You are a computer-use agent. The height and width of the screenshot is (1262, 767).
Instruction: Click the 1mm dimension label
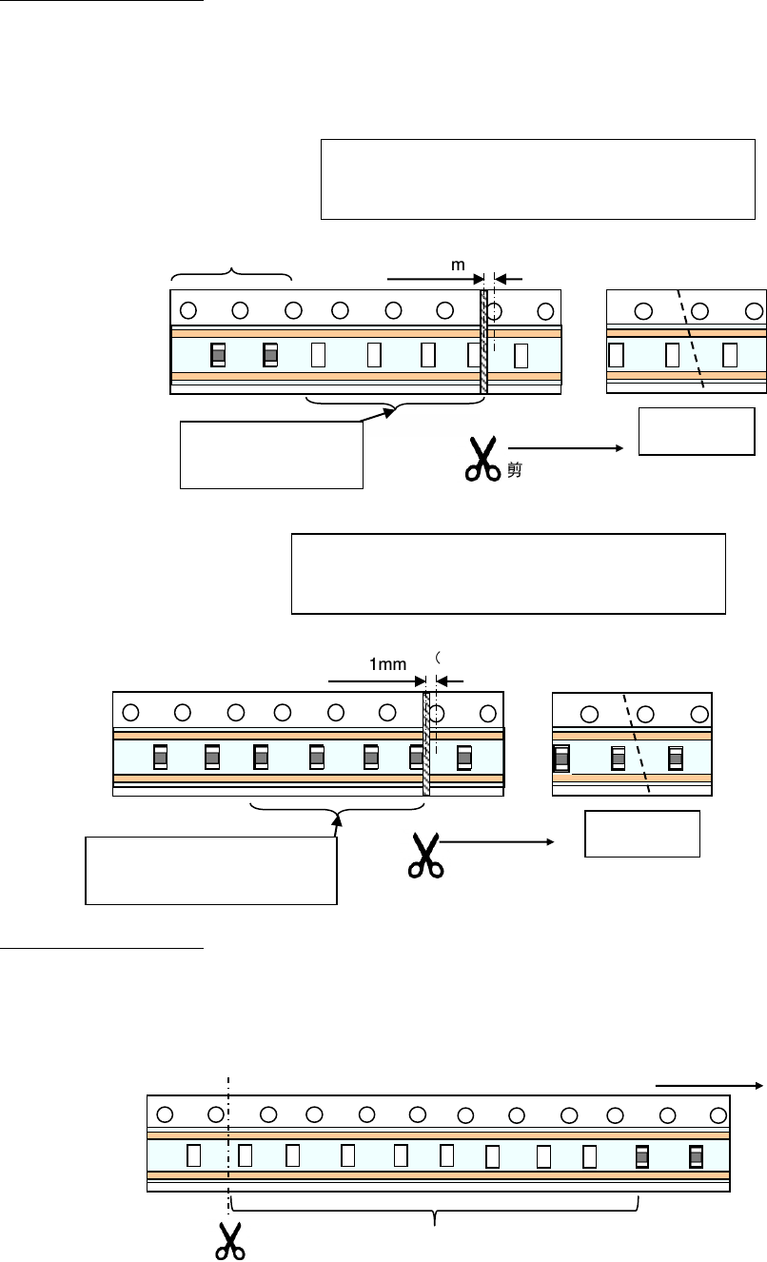[388, 667]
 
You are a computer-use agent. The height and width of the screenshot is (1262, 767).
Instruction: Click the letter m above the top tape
[458, 266]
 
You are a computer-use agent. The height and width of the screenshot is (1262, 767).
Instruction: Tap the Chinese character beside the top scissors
[514, 469]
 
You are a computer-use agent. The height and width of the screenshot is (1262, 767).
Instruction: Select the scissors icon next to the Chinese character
[483, 459]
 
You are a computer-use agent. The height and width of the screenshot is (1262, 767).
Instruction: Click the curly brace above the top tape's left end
[231, 275]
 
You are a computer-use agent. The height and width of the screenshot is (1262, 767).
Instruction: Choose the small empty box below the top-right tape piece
[697, 431]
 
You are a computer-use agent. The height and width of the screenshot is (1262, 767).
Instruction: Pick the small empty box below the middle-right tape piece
[641, 834]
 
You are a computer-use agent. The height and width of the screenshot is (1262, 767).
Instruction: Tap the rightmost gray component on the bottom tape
[697, 1155]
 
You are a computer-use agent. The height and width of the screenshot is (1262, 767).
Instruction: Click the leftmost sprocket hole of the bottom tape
[164, 1114]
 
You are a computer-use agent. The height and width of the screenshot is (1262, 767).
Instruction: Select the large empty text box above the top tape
[538, 179]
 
